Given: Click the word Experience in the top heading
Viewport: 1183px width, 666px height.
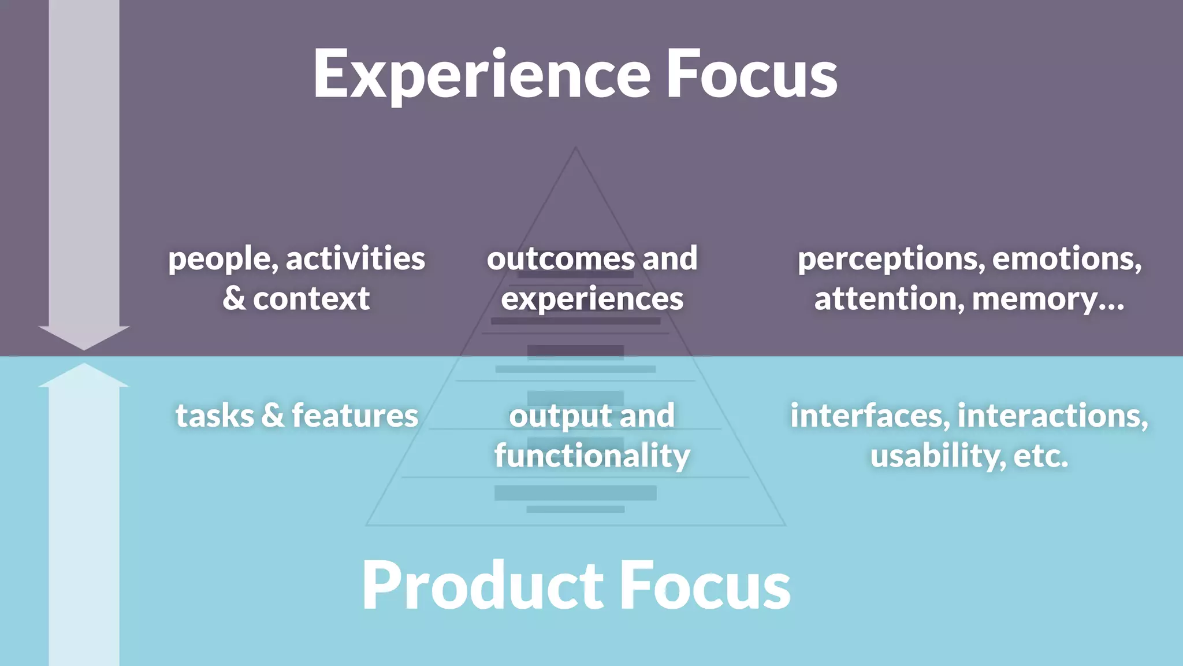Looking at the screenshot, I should tap(482, 75).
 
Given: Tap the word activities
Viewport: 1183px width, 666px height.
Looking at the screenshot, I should tap(355, 258).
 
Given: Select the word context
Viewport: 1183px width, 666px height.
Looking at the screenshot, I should tap(311, 299).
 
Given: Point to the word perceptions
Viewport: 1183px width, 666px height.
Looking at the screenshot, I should tap(890, 260).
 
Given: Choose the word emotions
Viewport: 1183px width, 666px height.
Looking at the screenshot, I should tap(1066, 258).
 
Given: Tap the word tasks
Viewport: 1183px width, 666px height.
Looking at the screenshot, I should tap(214, 416).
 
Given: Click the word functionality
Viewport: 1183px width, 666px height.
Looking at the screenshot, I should tap(592, 456).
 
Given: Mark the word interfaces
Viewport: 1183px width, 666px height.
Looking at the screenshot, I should tap(869, 416).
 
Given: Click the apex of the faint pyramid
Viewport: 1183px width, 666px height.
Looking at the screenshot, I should tap(575, 149).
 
